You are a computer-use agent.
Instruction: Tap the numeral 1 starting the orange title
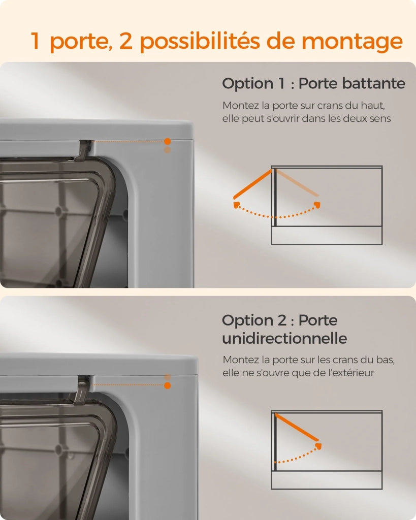(36, 41)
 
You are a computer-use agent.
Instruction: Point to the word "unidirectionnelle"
(284, 339)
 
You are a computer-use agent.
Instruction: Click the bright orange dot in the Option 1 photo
(168, 142)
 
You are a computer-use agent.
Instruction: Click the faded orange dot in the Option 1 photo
(168, 150)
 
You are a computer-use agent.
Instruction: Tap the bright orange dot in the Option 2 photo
(168, 385)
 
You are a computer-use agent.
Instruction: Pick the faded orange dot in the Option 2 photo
(168, 377)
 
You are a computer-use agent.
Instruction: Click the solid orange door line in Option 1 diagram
(253, 183)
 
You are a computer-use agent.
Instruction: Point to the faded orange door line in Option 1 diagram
(297, 183)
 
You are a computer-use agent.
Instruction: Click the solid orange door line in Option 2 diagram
(297, 427)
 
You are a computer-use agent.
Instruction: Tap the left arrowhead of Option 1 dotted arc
(237, 205)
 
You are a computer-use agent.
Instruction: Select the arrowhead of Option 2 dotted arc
(318, 446)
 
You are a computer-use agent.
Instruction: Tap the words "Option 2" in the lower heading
(254, 320)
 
